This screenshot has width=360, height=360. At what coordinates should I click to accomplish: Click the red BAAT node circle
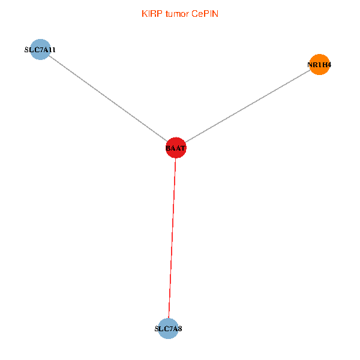pos(176,148)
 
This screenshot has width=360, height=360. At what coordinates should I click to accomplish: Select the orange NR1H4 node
pos(320,65)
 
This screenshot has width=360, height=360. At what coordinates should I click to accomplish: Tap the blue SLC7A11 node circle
pos(40,50)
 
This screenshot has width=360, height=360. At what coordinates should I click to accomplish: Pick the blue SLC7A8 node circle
pos(169,329)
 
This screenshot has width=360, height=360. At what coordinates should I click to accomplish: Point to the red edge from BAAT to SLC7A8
pos(172,240)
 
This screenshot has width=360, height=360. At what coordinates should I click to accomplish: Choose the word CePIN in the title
pos(205,14)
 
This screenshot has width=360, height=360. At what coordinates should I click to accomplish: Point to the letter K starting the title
pos(144,14)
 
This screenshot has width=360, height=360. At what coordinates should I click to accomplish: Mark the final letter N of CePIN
pos(215,14)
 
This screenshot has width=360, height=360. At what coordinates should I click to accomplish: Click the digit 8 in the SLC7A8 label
pos(179,329)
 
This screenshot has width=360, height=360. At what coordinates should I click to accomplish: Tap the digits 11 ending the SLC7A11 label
pos(53,50)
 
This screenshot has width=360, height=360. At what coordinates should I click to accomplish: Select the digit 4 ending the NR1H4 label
pos(329,65)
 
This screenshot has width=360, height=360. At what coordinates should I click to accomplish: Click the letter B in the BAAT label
pos(168,148)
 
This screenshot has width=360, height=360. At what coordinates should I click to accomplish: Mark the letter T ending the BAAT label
pos(184,148)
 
